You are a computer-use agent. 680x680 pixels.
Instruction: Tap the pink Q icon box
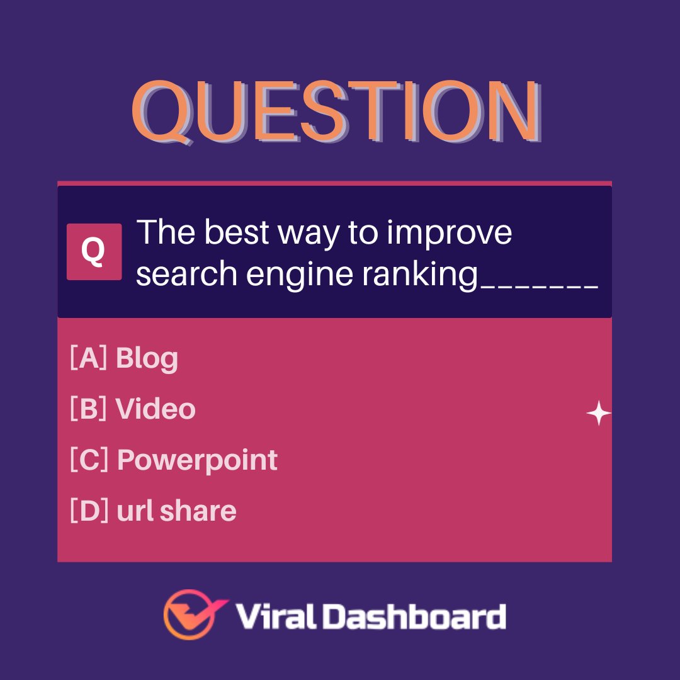(94, 252)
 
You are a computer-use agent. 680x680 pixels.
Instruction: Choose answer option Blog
(147, 359)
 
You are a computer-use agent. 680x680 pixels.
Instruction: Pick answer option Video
(156, 409)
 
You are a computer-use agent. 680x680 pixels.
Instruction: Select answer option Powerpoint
(197, 460)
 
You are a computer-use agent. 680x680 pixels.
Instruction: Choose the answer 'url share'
(176, 511)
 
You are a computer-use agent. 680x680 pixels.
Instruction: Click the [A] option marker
(89, 358)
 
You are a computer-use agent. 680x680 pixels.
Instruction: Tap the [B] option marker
(89, 409)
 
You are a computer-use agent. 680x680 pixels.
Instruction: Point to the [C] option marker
(89, 460)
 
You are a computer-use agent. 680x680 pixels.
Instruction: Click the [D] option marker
(89, 511)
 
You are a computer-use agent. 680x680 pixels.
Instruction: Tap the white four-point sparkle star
(598, 414)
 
